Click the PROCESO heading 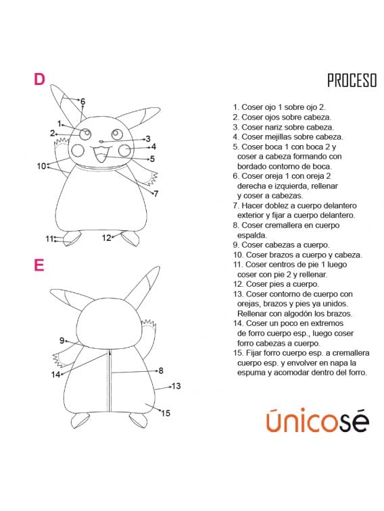(x=352, y=81)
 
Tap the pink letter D (x=39, y=79)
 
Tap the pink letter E (x=39, y=265)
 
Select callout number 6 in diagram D (x=82, y=102)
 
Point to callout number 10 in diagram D (x=41, y=165)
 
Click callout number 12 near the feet (x=106, y=238)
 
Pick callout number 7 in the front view (x=155, y=194)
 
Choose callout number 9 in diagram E (x=62, y=340)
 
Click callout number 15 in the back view (x=166, y=413)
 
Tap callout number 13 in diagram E (x=176, y=386)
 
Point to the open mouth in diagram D (x=101, y=157)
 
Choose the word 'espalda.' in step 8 (x=251, y=235)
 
